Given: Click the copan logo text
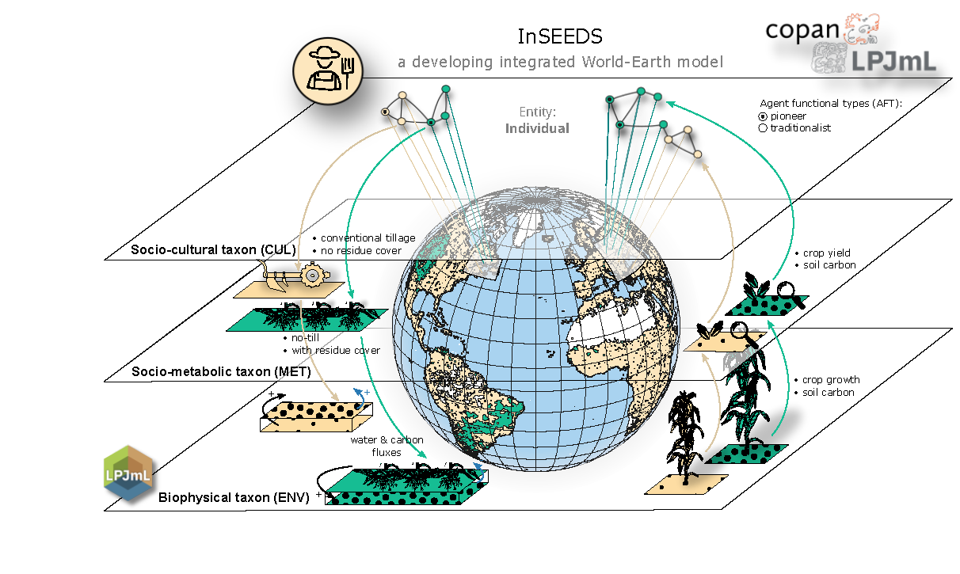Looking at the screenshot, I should click(x=802, y=29).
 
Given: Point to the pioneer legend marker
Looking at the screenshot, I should click(x=763, y=116).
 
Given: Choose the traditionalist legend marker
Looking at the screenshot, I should click(x=763, y=128).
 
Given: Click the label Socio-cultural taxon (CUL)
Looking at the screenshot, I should click(x=213, y=250).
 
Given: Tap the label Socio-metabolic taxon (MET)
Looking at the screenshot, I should click(x=221, y=371).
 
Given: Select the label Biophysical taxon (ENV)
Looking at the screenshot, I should click(x=234, y=498).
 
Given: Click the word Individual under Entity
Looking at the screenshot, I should click(x=537, y=128).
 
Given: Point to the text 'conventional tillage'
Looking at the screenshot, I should click(x=368, y=238).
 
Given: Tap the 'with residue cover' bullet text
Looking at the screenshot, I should click(x=336, y=350).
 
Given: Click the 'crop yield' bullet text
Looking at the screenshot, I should click(x=828, y=253).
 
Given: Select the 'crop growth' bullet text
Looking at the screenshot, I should click(x=830, y=380).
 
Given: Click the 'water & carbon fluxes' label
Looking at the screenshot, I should click(x=387, y=446).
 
